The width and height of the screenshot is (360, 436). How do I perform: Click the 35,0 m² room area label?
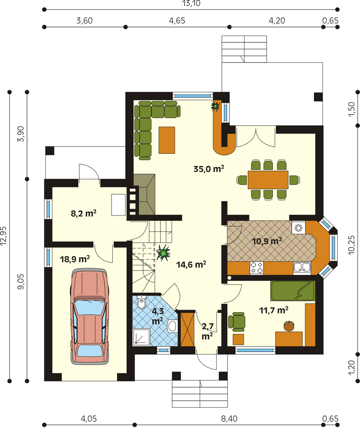pyautogui.click(x=208, y=169)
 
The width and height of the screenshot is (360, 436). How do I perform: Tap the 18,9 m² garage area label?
pyautogui.click(x=75, y=259)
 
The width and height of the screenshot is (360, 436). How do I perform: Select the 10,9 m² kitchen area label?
pyautogui.click(x=267, y=241)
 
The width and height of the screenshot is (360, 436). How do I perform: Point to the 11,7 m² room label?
pyautogui.click(x=274, y=310)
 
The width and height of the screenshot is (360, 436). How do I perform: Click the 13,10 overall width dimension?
pyautogui.click(x=191, y=3)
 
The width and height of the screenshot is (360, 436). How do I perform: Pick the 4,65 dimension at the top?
pyautogui.click(x=177, y=21)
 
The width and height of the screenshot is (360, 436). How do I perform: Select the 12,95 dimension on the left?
pyautogui.click(x=3, y=236)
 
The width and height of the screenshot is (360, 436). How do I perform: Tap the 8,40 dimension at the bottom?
pyautogui.click(x=229, y=419)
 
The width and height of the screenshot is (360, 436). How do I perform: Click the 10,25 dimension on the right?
pyautogui.click(x=352, y=245)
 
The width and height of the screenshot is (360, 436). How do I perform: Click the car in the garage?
pyautogui.click(x=89, y=317)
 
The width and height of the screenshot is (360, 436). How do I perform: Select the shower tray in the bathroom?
pyautogui.click(x=141, y=337)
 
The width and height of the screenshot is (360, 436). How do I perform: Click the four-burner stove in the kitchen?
pyautogui.click(x=257, y=268)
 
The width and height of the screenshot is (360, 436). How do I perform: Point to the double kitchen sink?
pyautogui.click(x=302, y=268)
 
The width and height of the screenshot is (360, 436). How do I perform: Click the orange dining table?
pyautogui.click(x=268, y=180)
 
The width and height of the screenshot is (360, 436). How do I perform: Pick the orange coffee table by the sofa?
pyautogui.click(x=166, y=140)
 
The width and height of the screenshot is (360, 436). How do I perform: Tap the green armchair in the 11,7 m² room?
pyautogui.click(x=237, y=322)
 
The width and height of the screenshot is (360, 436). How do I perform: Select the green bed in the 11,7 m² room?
pyautogui.click(x=293, y=291)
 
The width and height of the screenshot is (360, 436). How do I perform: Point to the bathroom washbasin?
pyautogui.click(x=173, y=326)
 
